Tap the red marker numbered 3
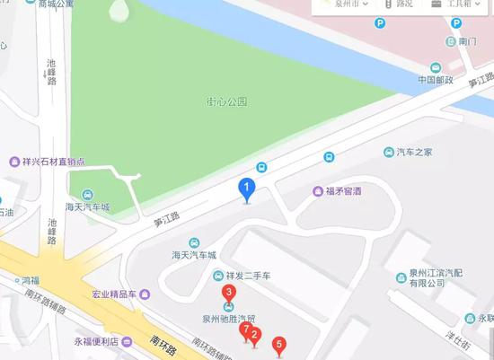pyautogui.click(x=230, y=293)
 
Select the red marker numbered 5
pyautogui.click(x=279, y=343)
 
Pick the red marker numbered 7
pyautogui.click(x=245, y=330)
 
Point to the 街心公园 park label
pyautogui.click(x=225, y=102)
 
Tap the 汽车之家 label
pyautogui.click(x=414, y=152)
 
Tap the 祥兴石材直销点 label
pyautogui.click(x=52, y=162)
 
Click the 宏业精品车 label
pyautogui.click(x=112, y=294)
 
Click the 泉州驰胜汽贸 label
pyautogui.click(x=228, y=318)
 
